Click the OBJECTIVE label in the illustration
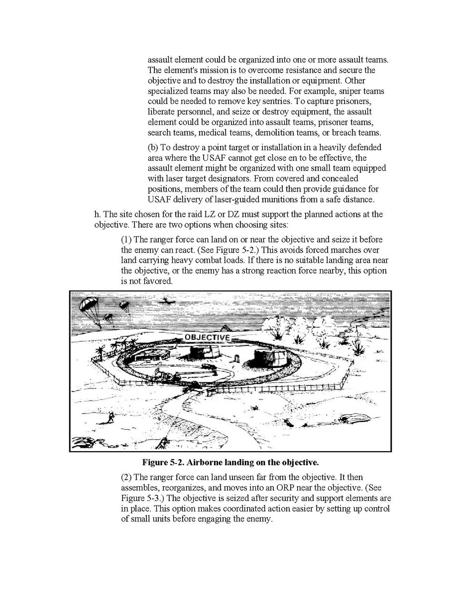coord(207,337)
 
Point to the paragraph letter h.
coord(97,214)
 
